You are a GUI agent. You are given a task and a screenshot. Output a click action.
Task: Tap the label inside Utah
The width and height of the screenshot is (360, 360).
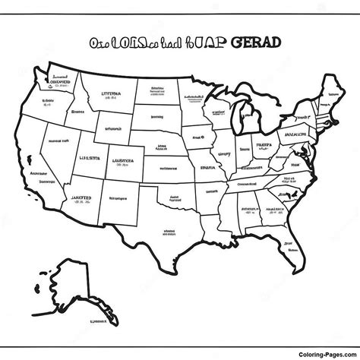click(x=89, y=159)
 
